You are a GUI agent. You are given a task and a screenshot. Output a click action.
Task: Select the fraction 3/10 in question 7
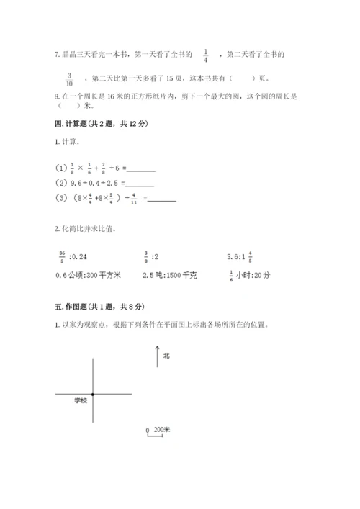(x=70, y=78)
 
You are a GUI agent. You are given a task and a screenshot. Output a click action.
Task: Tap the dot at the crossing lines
(x=93, y=394)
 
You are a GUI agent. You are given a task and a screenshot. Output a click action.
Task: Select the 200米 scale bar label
(x=162, y=429)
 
